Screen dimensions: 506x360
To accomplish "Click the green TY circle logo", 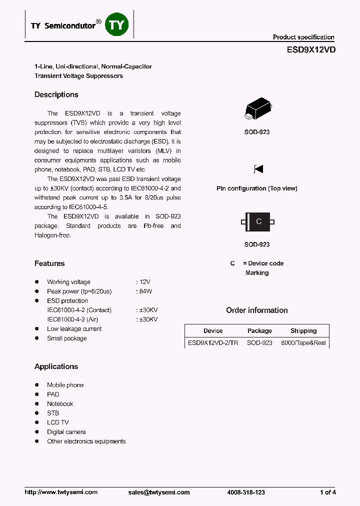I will (117, 25).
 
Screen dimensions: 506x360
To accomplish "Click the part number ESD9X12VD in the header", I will (311, 50).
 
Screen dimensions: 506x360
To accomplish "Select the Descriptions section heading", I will (56, 95).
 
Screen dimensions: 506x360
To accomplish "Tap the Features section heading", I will (49, 263).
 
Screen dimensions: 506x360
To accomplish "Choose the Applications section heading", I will (56, 366).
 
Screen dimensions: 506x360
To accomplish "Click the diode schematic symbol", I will (258, 169).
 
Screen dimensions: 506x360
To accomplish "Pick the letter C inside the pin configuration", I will (258, 221).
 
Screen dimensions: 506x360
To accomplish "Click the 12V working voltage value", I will (145, 282).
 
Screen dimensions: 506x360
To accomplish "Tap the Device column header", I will (213, 331).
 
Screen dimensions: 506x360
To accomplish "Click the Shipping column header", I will (303, 331).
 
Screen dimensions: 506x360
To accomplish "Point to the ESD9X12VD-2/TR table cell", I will (213, 343).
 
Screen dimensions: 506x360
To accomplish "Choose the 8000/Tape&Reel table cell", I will (303, 343).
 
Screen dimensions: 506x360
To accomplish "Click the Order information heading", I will (257, 310).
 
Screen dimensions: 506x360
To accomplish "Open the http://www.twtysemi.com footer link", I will (61, 492).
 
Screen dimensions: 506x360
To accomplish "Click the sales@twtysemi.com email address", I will (159, 492).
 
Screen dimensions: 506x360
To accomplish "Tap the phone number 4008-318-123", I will (246, 492).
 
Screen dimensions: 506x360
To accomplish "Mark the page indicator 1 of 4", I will (328, 492).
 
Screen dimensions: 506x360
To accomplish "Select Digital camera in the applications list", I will (66, 432).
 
